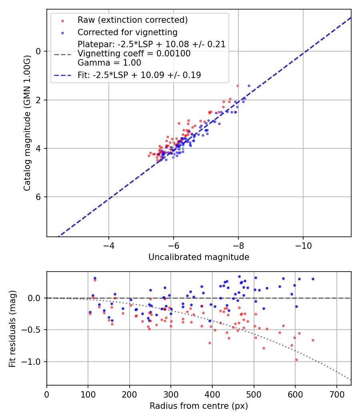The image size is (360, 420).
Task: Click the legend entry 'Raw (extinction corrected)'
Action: [x=132, y=20]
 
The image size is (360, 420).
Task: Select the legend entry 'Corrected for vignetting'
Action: [x=127, y=32]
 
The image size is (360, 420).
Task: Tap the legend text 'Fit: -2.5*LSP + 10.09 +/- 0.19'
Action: [x=139, y=75]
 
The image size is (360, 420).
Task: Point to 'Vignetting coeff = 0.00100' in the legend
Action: [x=134, y=54]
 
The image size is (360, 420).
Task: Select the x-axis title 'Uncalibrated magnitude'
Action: [x=199, y=257]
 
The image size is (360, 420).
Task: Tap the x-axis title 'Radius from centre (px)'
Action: [x=199, y=406]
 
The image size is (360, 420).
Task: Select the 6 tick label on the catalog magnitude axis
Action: [x=39, y=197]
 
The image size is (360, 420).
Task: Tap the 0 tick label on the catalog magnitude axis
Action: [x=39, y=51]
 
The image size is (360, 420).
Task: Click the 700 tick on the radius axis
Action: [x=336, y=394]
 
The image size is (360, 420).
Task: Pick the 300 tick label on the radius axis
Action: [x=171, y=394]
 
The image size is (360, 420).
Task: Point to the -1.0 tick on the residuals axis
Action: [x=34, y=362]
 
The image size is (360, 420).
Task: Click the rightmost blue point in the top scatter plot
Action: [x=249, y=86]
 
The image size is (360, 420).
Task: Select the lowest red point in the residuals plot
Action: [x=296, y=360]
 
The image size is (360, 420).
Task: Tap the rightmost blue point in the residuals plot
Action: [x=313, y=279]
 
